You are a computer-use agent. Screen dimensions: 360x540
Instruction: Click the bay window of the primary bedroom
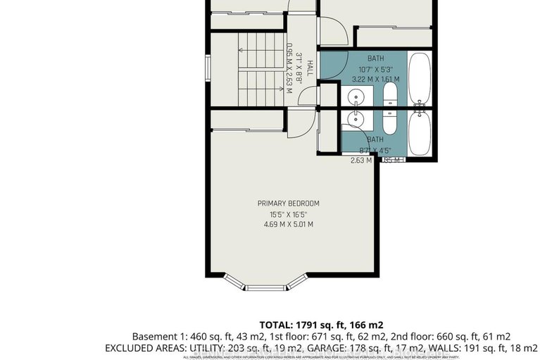pyautogui.click(x=266, y=285)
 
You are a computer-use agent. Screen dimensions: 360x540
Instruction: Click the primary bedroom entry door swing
pyautogui.click(x=299, y=123)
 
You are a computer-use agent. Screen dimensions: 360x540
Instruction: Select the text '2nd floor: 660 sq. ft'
pyautogui.click(x=463, y=336)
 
